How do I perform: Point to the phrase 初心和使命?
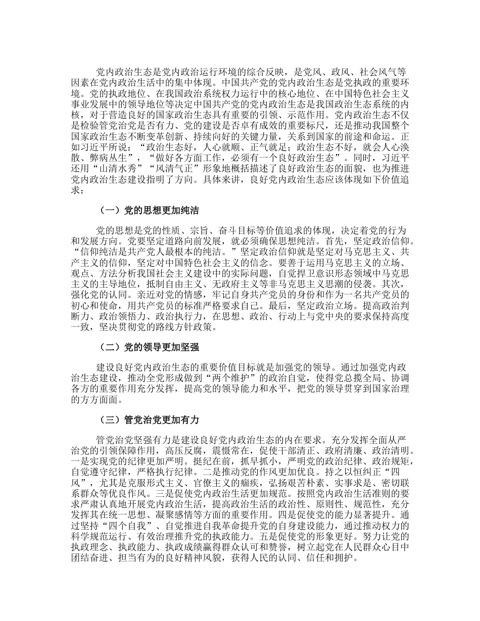[x=93, y=303]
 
